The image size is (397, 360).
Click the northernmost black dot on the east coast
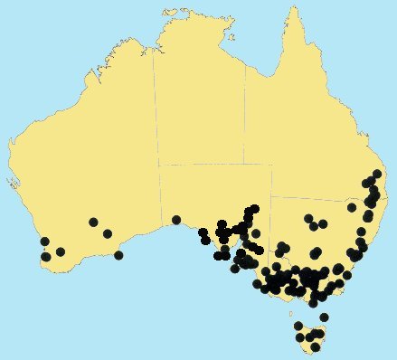tap(376, 174)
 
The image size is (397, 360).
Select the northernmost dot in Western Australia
tap(93, 222)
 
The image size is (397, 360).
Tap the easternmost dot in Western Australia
tap(118, 255)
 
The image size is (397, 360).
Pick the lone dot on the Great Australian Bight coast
tap(176, 220)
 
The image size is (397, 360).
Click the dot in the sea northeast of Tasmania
tap(324, 317)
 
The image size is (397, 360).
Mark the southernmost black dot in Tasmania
tap(314, 346)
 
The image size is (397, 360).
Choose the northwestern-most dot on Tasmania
tap(298, 327)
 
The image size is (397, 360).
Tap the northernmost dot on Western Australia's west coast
tap(44, 242)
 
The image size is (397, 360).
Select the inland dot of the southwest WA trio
tap(61, 251)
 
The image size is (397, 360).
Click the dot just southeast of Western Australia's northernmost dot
tap(108, 234)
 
